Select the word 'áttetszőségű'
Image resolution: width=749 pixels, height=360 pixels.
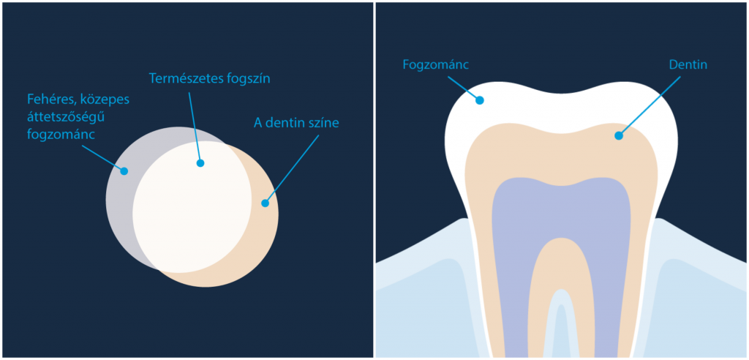[x=59, y=116]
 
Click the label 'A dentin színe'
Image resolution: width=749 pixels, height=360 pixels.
[x=296, y=122]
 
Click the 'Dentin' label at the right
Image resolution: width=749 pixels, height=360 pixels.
[x=688, y=65]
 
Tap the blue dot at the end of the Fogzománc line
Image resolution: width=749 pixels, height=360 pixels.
[x=480, y=100]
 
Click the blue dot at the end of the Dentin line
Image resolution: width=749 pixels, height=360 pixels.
[x=619, y=135]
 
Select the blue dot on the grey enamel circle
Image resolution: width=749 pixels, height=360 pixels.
[x=124, y=171]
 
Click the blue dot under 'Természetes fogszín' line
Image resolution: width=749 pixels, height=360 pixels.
[x=200, y=163]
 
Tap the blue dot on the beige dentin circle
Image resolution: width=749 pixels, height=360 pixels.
[x=265, y=203]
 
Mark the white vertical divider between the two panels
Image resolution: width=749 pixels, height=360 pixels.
[x=374, y=180]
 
